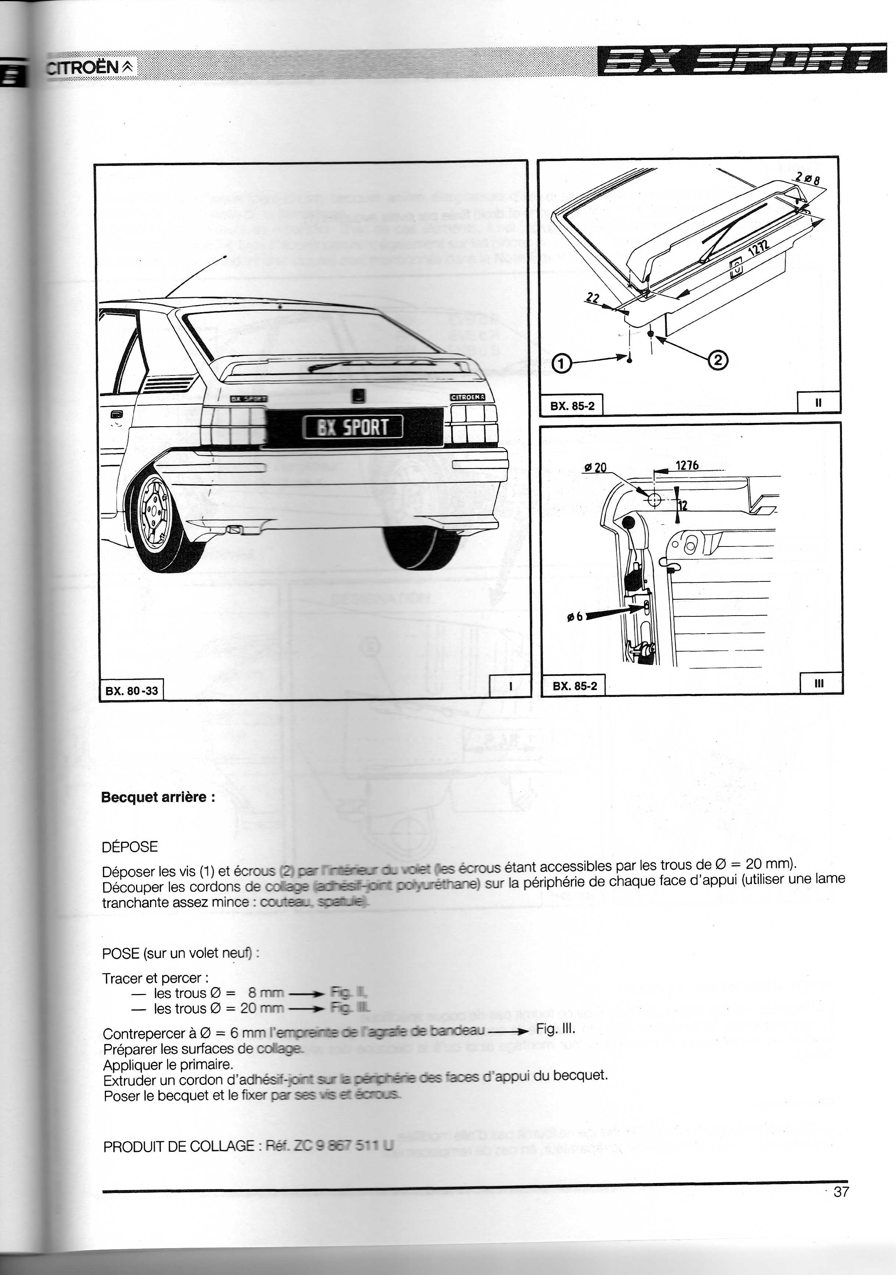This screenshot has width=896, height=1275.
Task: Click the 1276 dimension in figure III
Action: pyautogui.click(x=687, y=465)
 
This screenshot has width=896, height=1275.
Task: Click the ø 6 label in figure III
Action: pyautogui.click(x=575, y=616)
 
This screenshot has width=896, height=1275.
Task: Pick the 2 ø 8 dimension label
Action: pyautogui.click(x=808, y=179)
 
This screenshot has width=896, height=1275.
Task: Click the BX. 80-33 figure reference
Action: pyautogui.click(x=132, y=691)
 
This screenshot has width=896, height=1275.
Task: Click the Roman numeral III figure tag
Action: pyautogui.click(x=819, y=684)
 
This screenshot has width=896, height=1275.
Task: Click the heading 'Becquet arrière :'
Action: pyautogui.click(x=158, y=797)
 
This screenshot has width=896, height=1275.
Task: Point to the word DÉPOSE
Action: pyautogui.click(x=130, y=847)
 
